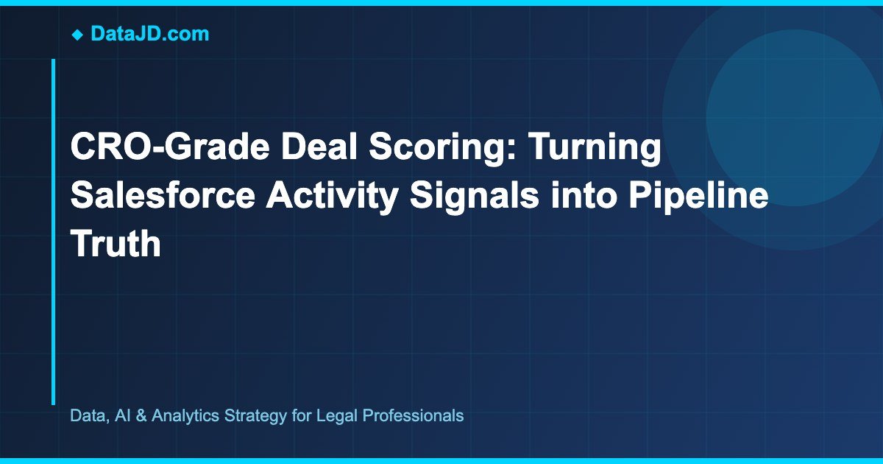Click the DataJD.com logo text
pyautogui.click(x=149, y=33)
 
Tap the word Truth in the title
pyautogui.click(x=115, y=243)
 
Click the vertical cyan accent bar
pyautogui.click(x=53, y=232)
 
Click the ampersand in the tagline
pyautogui.click(x=139, y=415)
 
